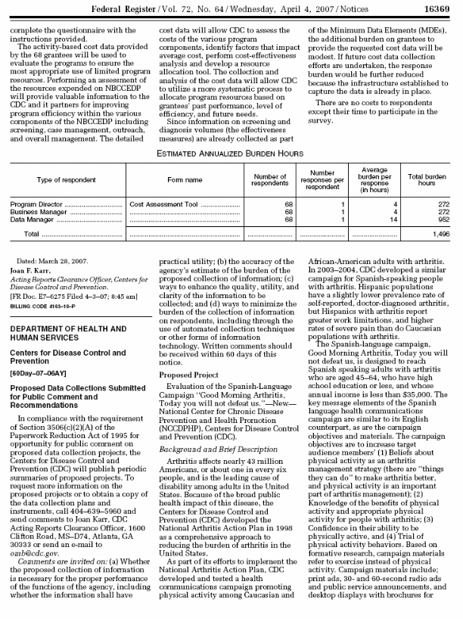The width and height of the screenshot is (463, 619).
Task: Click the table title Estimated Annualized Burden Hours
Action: pos(231,154)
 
